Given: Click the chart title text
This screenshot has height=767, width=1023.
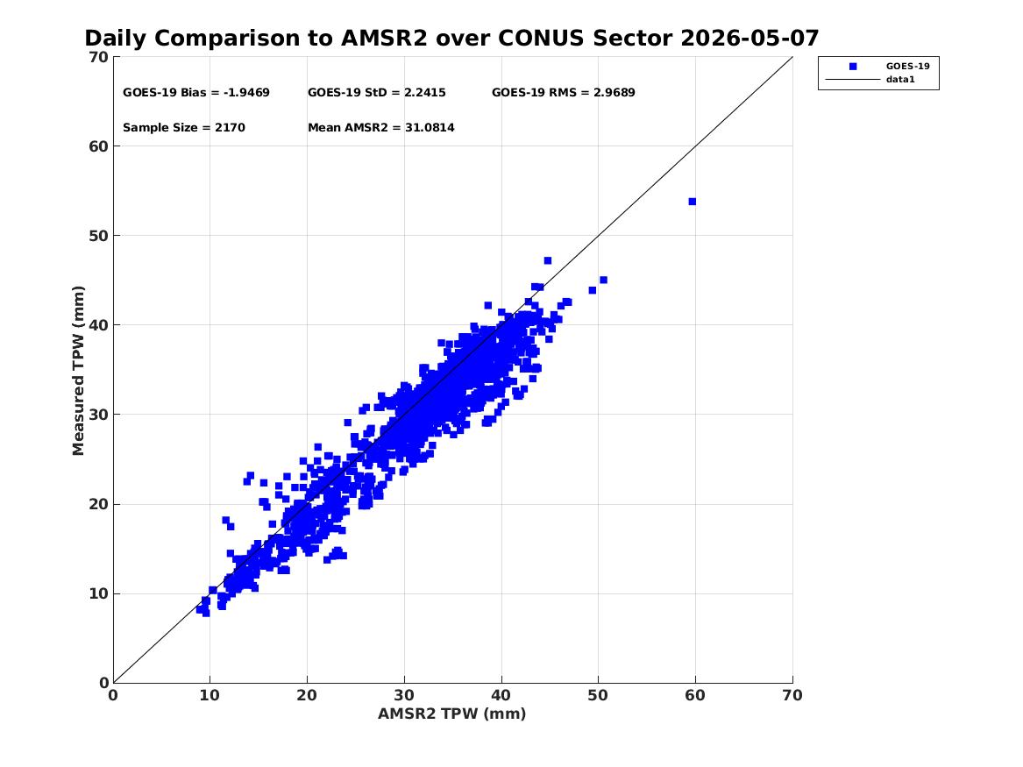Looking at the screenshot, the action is pyautogui.click(x=451, y=38).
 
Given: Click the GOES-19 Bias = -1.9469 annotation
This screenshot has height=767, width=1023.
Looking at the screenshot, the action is pyautogui.click(x=195, y=93).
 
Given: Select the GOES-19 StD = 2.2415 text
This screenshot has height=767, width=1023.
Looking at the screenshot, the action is pyautogui.click(x=376, y=93).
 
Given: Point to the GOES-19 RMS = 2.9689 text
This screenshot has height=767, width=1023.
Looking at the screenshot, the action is pyautogui.click(x=563, y=93).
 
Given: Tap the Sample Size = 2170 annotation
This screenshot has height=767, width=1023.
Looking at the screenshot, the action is pyautogui.click(x=184, y=128).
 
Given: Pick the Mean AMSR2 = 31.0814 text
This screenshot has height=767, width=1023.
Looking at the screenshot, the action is pyautogui.click(x=381, y=128).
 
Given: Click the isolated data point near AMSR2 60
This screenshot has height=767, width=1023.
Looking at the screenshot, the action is pyautogui.click(x=693, y=202).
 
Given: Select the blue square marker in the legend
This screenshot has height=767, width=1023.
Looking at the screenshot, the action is pyautogui.click(x=853, y=67).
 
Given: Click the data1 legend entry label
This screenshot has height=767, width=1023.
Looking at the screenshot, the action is pyautogui.click(x=900, y=80).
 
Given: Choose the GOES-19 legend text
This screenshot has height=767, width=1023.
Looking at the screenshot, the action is pyautogui.click(x=907, y=66).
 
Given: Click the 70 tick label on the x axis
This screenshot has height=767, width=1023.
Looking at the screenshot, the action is pyautogui.click(x=792, y=695).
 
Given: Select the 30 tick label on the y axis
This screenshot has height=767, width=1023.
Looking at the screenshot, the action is pyautogui.click(x=98, y=414).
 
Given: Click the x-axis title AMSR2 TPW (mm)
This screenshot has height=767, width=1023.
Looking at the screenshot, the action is pyautogui.click(x=452, y=714).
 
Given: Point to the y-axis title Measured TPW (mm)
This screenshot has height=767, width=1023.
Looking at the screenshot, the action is pyautogui.click(x=78, y=371).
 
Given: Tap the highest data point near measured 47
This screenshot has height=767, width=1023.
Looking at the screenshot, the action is pyautogui.click(x=547, y=261).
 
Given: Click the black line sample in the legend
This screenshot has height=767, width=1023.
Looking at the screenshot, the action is pyautogui.click(x=853, y=80).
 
